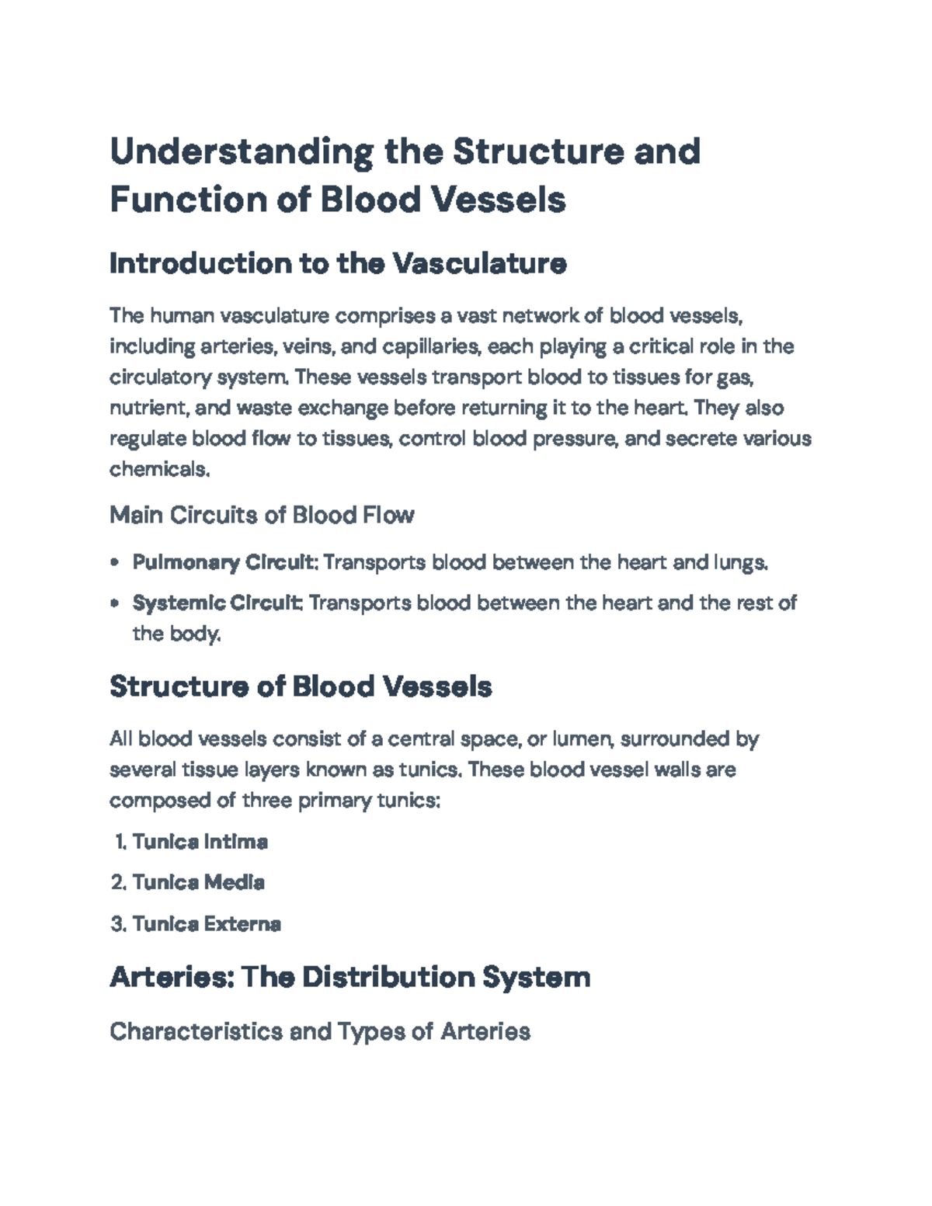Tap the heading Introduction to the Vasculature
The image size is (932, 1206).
pos(338,264)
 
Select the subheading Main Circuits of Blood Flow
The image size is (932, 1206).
pos(262,515)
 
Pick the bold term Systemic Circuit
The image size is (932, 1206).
pos(217,603)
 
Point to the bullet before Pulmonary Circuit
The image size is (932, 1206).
pos(115,562)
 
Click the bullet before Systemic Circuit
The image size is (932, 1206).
pos(115,603)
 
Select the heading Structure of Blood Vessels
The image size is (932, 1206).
pos(301,686)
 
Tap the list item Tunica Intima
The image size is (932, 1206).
pos(200,842)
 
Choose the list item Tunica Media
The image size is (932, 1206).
pos(198,882)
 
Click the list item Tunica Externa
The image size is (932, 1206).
pos(206,924)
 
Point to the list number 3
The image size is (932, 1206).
pos(117,924)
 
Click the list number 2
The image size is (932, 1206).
pos(117,882)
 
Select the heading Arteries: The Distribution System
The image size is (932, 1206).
pos(349,976)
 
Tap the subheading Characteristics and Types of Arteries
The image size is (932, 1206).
pos(319,1031)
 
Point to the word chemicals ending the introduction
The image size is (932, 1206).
pos(158,469)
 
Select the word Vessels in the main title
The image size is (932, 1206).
pos(498,200)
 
